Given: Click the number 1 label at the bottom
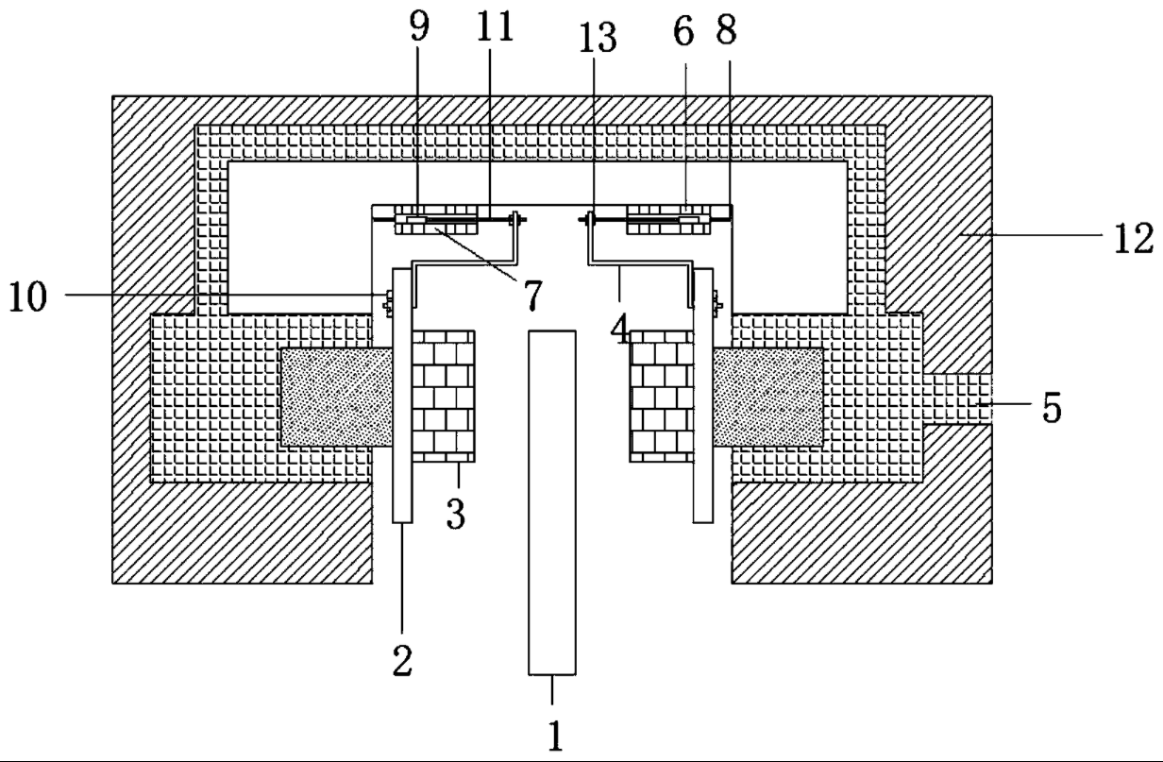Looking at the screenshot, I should click(x=556, y=734).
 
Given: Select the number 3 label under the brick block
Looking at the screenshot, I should click(x=456, y=515).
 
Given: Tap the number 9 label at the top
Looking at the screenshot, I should click(x=418, y=29).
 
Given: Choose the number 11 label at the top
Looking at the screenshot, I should click(x=494, y=29).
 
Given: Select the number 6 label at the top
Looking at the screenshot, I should click(x=683, y=31).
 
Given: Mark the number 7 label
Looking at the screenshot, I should click(x=533, y=296).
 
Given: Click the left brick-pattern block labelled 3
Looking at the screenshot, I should click(x=444, y=395).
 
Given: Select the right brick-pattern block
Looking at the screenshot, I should click(x=662, y=395).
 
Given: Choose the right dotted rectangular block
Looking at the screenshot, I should click(x=769, y=397).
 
